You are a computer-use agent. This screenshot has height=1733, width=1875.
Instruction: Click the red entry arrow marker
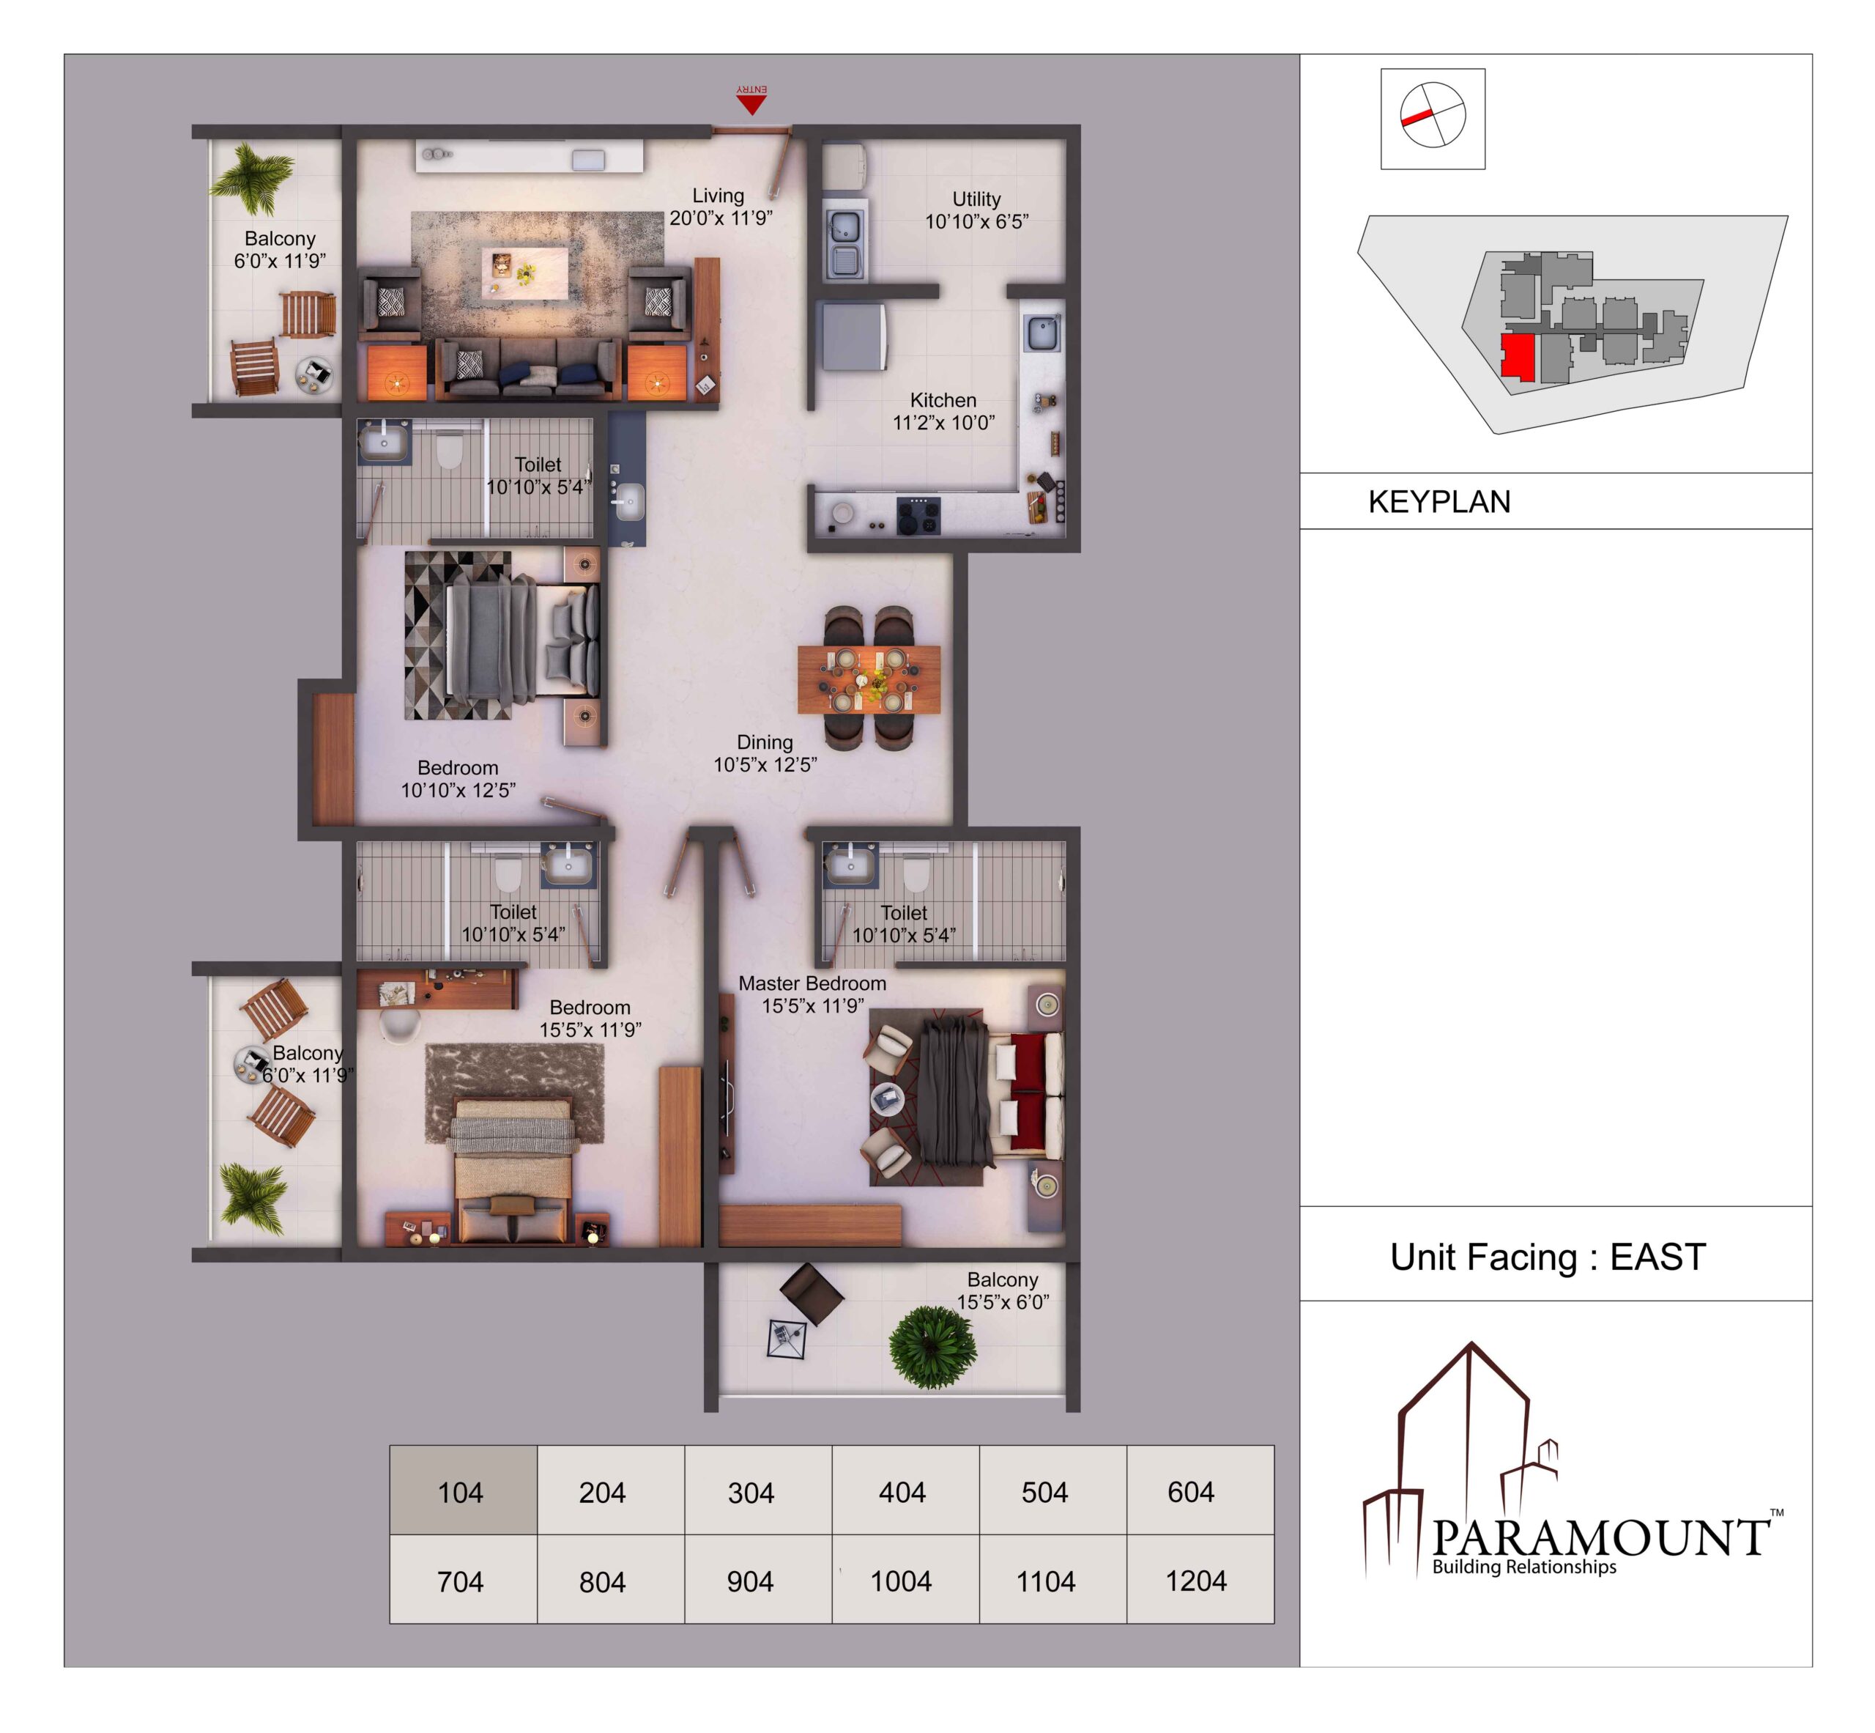[751, 104]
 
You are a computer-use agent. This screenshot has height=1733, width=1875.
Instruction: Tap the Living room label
[718, 195]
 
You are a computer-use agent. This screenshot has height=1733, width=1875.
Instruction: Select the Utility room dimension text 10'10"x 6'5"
[977, 221]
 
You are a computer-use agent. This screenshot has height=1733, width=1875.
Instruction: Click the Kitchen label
[943, 399]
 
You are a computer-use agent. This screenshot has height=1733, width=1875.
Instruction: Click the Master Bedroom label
[812, 983]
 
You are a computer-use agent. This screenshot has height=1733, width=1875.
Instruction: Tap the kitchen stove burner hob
[918, 515]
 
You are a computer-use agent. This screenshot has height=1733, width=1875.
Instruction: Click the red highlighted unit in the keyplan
[1518, 356]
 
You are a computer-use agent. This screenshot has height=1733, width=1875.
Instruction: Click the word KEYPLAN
[1439, 502]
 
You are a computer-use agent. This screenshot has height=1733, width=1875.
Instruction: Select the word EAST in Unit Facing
[1657, 1257]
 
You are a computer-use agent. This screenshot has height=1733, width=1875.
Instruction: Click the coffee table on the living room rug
[525, 272]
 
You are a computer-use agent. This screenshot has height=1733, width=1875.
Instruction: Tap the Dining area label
[765, 742]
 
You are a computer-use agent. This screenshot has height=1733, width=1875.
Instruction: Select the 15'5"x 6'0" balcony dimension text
[1003, 1301]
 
